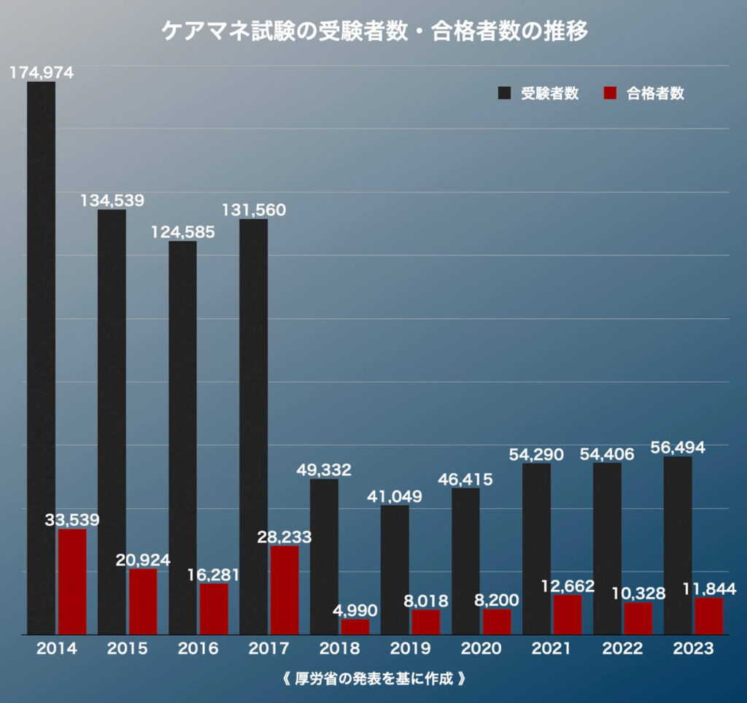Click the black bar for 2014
coord(42,358)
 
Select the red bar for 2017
coord(285,590)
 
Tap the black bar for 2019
coord(395,569)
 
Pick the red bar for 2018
coord(355,626)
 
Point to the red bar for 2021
coord(568,614)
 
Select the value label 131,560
coord(254,210)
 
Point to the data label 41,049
coord(395,496)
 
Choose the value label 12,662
coord(568,585)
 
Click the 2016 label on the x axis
coord(198,649)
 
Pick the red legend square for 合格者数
coord(611,93)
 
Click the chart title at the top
coord(373,32)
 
